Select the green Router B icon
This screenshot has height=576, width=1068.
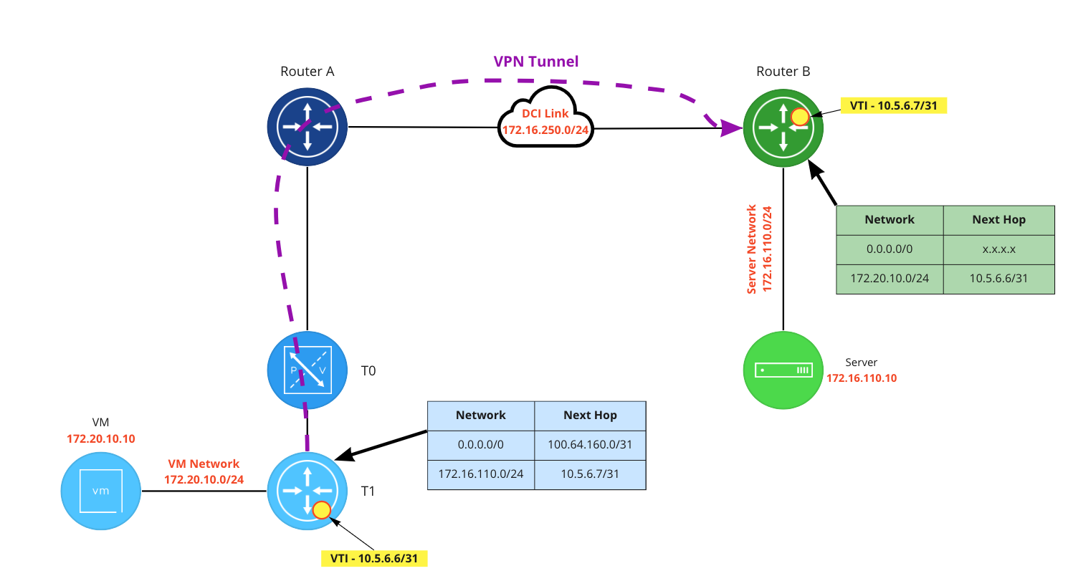coord(783,128)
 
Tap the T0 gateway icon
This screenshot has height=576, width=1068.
coord(307,371)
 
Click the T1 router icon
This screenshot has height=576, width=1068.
coord(307,491)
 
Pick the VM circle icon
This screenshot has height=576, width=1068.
coord(101,491)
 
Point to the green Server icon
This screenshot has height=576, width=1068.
coord(783,370)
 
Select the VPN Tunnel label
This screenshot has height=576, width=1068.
coord(535,62)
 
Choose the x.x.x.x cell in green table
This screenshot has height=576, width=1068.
coord(998,249)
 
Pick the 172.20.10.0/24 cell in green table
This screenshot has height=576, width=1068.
coord(890,279)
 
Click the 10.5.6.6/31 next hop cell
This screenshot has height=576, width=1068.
coord(998,279)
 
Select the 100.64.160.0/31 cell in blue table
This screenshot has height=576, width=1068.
coord(590,445)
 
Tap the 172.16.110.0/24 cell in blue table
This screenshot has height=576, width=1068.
coord(480,474)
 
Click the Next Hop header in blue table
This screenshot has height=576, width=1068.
coord(590,415)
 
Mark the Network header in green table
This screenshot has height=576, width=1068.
coord(890,219)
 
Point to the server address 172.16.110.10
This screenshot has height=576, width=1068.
coord(861,378)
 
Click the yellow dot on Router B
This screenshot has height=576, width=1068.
coord(800,116)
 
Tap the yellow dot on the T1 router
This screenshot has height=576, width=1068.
coord(321,510)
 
